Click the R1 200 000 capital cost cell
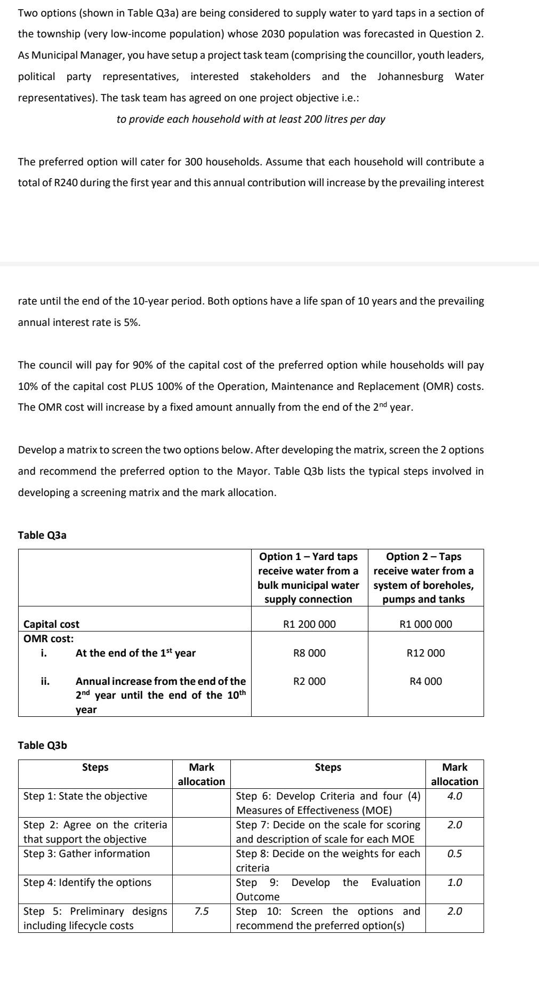tap(309, 624)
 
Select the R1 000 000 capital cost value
tap(425, 624)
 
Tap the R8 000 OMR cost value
tap(309, 653)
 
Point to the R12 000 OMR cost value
tap(425, 653)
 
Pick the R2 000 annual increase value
tap(309, 681)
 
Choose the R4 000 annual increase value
tap(425, 681)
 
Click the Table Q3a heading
tap(42, 535)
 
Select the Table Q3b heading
tap(42, 745)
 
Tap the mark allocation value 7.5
tap(201, 911)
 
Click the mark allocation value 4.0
tap(454, 796)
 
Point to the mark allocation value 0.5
tap(454, 853)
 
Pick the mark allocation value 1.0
tap(454, 882)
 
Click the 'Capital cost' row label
tap(51, 624)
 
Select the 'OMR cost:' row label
tap(49, 638)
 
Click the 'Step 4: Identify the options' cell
tap(87, 882)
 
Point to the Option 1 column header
tap(309, 578)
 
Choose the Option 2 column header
tap(425, 578)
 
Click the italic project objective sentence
tap(251, 119)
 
